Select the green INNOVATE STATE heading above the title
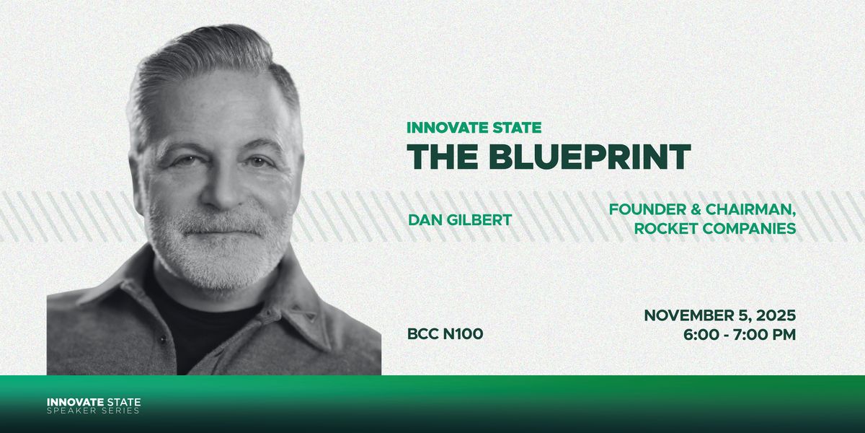pos(474,128)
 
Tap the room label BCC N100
pos(445,334)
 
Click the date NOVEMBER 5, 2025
pos(719,315)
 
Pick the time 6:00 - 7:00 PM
pos(740,334)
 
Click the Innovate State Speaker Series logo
pos(94,406)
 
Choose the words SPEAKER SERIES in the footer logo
pos(94,411)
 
